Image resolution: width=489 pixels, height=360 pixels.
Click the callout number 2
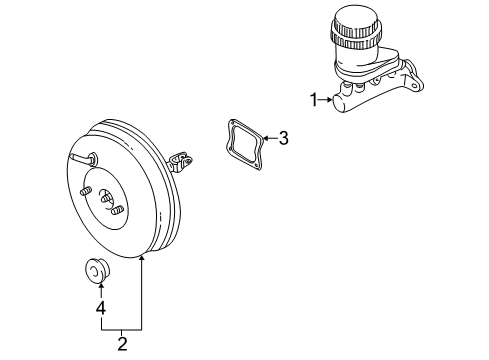121,344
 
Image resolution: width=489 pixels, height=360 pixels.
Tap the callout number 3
283,139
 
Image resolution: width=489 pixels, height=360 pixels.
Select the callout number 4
98,308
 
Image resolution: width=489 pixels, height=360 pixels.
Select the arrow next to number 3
269,139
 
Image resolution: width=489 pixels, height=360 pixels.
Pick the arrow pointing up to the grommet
98,288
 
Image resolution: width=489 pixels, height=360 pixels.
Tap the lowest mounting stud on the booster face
116,211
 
